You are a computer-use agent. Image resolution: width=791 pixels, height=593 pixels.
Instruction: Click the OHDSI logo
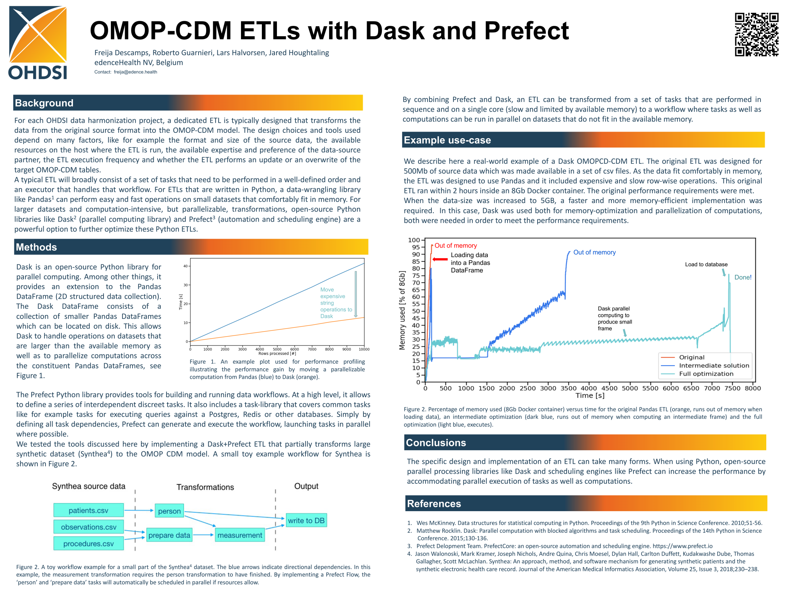point(38,42)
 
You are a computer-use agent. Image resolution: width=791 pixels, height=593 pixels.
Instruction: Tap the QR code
point(756,34)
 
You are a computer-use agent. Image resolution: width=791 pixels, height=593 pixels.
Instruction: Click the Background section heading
point(44,103)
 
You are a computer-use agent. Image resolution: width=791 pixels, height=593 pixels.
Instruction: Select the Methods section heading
point(36,247)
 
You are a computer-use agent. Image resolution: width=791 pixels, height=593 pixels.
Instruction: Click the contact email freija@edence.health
point(135,72)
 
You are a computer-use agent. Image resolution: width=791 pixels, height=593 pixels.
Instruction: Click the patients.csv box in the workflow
point(88,510)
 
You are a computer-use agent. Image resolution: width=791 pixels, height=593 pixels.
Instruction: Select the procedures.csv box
point(88,544)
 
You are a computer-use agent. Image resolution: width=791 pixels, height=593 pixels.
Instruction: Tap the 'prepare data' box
point(169,535)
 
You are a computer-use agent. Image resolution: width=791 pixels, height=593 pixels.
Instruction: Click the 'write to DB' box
point(306,520)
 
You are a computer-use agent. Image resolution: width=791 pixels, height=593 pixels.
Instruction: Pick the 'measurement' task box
point(239,535)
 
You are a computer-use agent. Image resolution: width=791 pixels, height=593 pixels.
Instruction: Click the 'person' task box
point(169,511)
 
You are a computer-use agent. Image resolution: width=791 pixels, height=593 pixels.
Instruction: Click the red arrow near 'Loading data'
point(440,259)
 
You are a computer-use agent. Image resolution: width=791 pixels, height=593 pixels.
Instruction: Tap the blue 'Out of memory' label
point(594,252)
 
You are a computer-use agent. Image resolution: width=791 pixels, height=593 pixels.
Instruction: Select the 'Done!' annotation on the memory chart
point(743,277)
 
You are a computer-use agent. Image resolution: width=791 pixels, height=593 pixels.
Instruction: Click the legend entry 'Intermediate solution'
point(714,366)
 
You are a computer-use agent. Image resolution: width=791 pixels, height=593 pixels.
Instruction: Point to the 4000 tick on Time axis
point(589,388)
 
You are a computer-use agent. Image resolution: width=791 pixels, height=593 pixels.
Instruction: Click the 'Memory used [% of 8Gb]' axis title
point(402,310)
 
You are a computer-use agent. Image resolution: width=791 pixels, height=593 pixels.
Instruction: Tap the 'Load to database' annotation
point(706,264)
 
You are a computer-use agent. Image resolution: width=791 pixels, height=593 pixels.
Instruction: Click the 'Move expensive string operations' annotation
point(336,303)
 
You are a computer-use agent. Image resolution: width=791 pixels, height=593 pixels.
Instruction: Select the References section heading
point(434,504)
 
